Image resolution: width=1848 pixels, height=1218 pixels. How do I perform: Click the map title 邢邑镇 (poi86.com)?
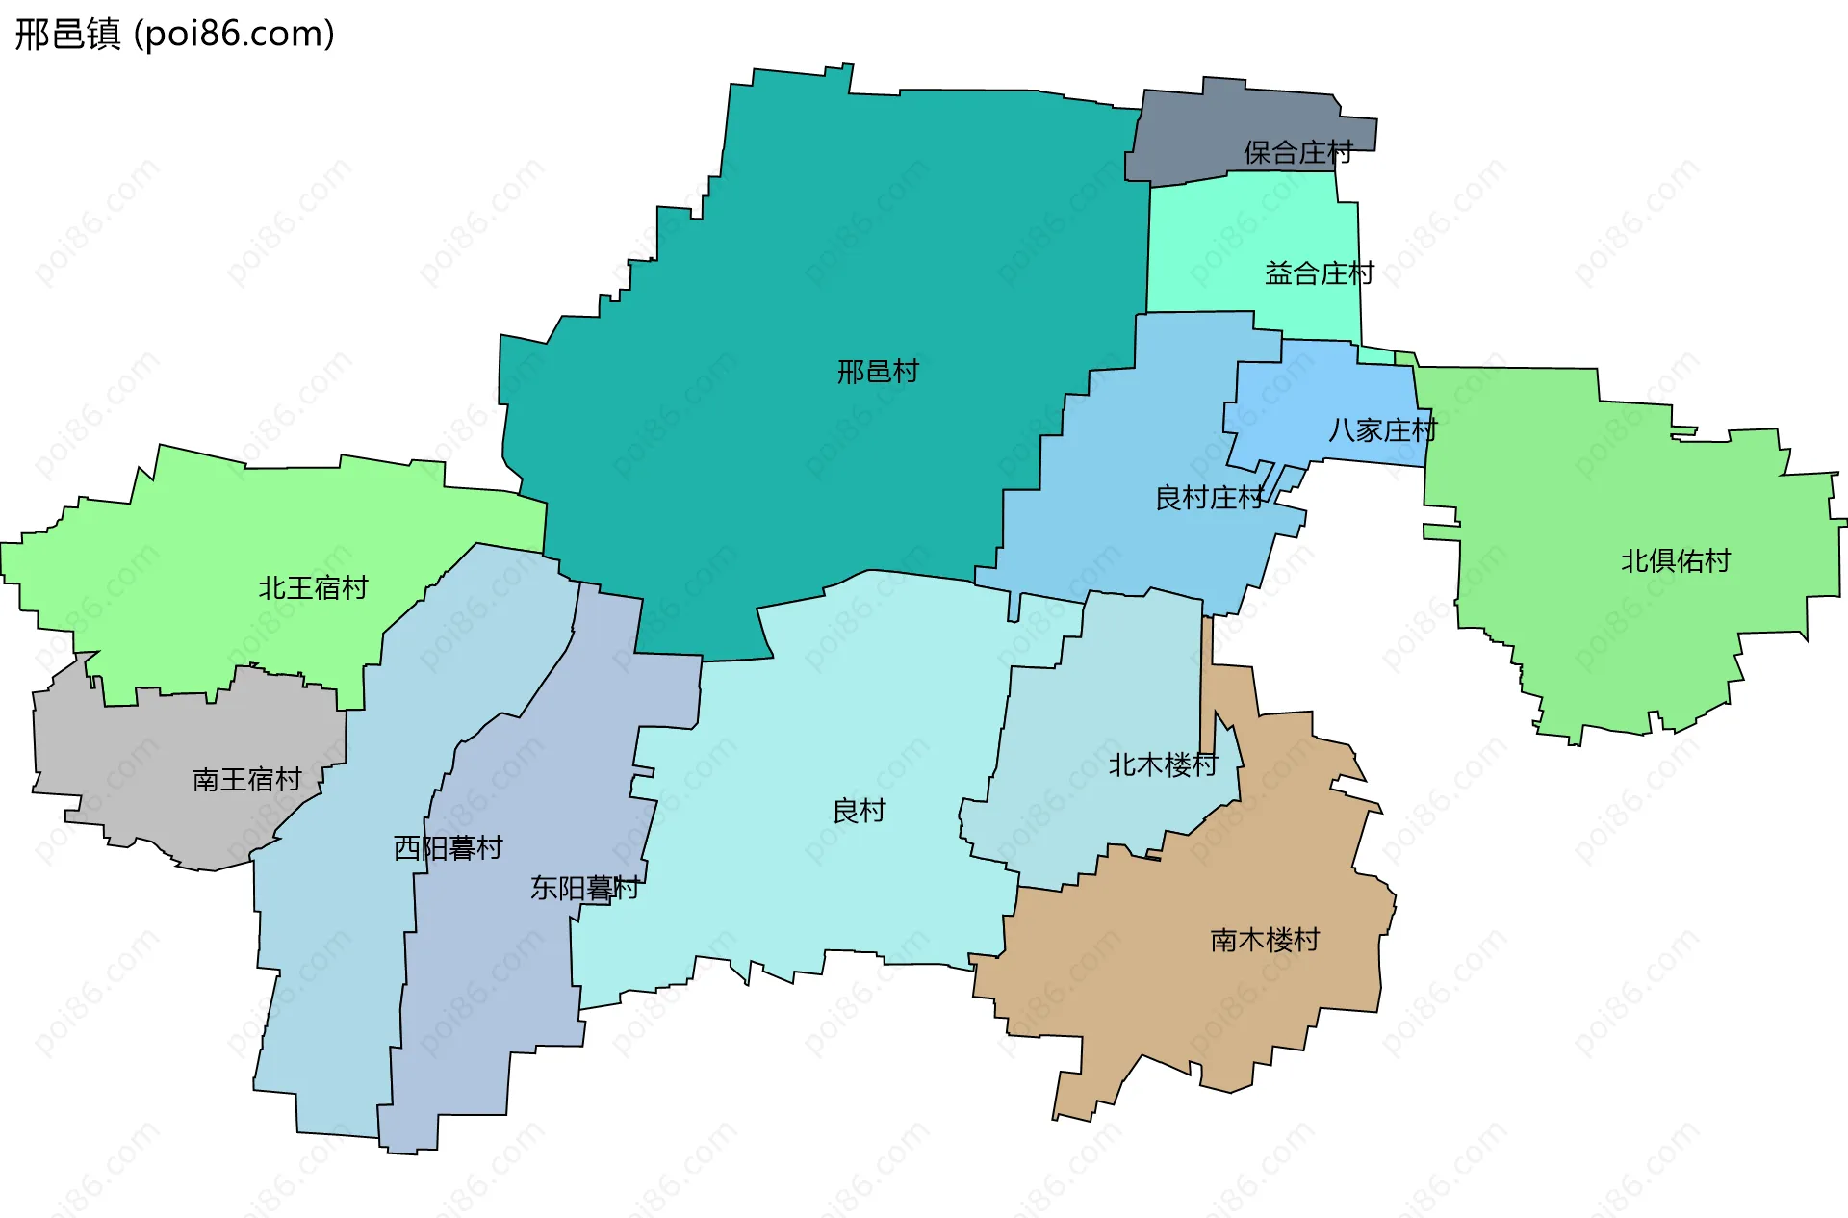point(174,34)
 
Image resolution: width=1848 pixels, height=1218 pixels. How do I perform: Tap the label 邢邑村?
point(878,372)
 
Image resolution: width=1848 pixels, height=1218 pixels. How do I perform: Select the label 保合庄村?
point(1297,152)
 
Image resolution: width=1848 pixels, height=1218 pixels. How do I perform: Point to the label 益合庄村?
point(1319,273)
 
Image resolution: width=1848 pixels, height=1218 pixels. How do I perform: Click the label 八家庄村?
point(1382,429)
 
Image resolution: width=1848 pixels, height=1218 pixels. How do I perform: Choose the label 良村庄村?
point(1209,498)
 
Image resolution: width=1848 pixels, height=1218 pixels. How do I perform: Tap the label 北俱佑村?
point(1676,560)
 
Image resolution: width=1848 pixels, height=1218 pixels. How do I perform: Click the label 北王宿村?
point(313,587)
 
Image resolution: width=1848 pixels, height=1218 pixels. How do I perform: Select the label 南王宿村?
point(247,779)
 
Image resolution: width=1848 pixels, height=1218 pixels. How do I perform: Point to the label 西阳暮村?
point(448,847)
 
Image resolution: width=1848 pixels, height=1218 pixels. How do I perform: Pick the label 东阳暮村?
point(584,888)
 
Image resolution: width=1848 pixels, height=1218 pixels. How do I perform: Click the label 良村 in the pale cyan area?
point(859,811)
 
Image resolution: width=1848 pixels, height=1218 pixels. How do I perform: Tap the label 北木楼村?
point(1163,764)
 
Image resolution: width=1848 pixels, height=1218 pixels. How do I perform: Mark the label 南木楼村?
point(1265,940)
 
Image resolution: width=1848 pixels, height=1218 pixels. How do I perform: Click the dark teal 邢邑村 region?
point(866,241)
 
